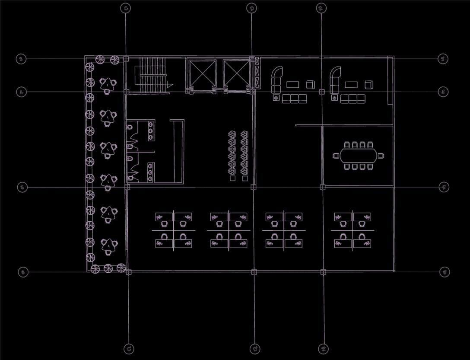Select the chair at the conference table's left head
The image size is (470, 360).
pos(336,156)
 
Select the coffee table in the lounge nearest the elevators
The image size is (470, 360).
pos(294,84)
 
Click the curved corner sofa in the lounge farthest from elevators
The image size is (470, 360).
pos(334,78)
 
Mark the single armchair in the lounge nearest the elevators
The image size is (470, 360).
pos(310,84)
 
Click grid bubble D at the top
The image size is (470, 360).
pos(252,8)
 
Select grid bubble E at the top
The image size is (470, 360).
pos(321,8)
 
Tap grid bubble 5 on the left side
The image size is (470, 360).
pos(22,187)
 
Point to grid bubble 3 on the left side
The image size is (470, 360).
pos(21,59)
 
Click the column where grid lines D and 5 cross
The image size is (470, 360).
pos(253,187)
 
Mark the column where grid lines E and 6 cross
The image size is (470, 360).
pos(323,272)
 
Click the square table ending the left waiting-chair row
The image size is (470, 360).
pos(232,178)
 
